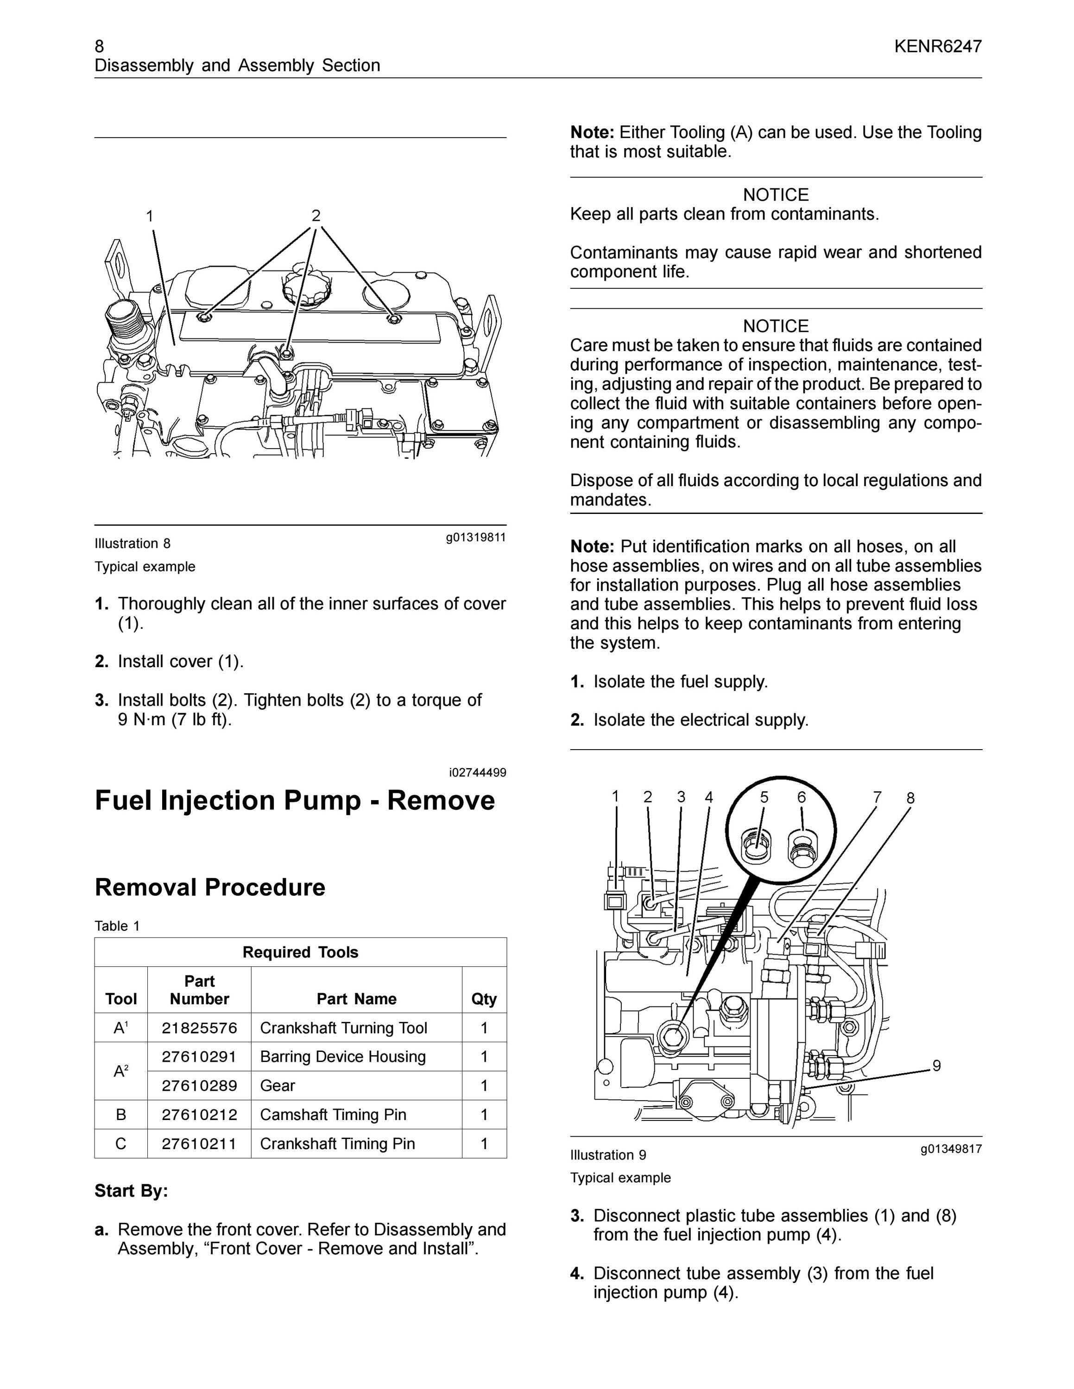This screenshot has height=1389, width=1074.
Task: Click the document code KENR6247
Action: [x=938, y=46]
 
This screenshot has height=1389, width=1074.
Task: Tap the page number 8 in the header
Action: [x=99, y=46]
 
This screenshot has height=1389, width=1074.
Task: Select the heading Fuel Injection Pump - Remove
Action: [x=295, y=800]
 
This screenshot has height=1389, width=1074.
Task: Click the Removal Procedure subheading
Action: [x=210, y=887]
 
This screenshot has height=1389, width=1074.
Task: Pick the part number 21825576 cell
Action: [x=199, y=1028]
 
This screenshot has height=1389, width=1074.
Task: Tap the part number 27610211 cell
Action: [x=199, y=1144]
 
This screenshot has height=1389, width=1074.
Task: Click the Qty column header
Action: [x=484, y=999]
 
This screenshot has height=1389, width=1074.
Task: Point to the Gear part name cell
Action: [x=278, y=1086]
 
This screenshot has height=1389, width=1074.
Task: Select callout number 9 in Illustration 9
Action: [x=936, y=1065]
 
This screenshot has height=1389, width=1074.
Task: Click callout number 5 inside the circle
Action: [x=764, y=797]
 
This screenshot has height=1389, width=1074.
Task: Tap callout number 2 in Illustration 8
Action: [x=316, y=216]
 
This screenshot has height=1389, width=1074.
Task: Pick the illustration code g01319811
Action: [x=476, y=538]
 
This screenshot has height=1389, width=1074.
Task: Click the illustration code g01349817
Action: [x=951, y=1149]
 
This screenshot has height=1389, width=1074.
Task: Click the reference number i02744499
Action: [x=478, y=773]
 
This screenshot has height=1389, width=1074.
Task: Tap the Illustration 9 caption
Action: [x=608, y=1155]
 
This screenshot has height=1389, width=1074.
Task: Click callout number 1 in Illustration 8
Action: [x=150, y=216]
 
